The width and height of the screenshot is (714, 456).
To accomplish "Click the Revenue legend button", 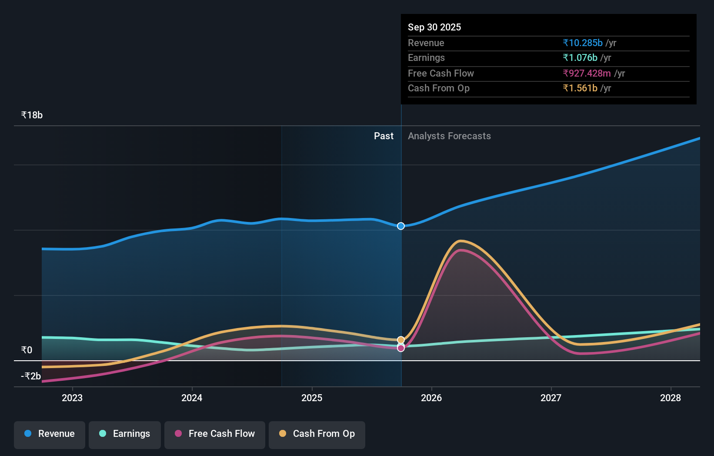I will point(50,434).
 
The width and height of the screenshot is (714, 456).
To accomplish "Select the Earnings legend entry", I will point(125,434).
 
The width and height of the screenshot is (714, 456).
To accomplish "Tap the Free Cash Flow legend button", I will point(215,434).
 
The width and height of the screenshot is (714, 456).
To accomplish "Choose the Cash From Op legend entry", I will point(317,434).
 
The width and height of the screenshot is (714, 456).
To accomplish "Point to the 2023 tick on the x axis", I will point(72,398).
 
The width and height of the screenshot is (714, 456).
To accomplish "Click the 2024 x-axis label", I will point(192,398).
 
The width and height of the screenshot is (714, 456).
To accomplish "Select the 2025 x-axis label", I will point(312,398).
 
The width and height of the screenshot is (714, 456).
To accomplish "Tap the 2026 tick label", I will point(431,398).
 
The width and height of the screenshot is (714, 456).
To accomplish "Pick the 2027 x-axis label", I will point(551,398).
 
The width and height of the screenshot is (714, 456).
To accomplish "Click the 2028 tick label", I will point(671,398).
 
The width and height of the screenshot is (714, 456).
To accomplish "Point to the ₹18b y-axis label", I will point(32,115).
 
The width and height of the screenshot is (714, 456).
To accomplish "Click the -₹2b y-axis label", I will point(31,376).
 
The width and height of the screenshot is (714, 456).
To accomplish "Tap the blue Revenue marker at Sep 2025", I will point(401,226).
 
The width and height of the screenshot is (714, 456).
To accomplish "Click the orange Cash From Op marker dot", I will point(401,340).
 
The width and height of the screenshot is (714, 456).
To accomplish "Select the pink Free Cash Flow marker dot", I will point(401,348).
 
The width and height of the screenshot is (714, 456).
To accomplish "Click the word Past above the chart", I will point(384,136).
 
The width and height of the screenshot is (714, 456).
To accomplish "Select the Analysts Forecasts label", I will point(449,136).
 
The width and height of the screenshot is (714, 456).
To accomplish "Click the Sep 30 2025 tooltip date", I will point(434,27).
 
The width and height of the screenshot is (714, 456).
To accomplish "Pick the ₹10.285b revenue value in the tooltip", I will point(583,43).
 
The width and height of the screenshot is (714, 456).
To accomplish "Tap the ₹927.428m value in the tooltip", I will point(587,74).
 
